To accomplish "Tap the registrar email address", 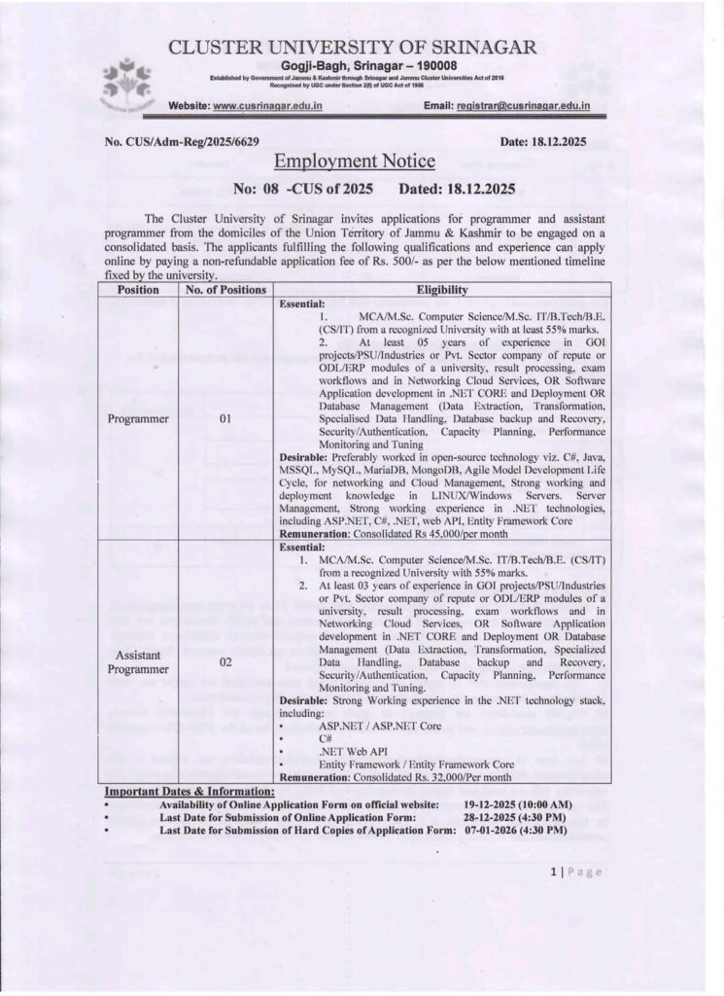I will pyautogui.click(x=529, y=104).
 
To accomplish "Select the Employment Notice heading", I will pyautogui.click(x=355, y=161).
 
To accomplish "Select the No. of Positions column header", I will pyautogui.click(x=225, y=290).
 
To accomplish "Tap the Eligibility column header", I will pyautogui.click(x=442, y=290).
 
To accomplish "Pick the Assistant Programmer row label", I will pyautogui.click(x=138, y=661).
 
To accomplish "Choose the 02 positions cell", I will pyautogui.click(x=225, y=661).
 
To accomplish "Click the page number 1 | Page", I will pyautogui.click(x=576, y=871).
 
